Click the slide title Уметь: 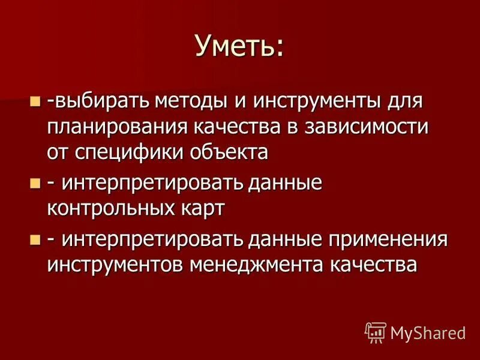coord(239,46)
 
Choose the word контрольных coord(115,208)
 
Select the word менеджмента coord(259,265)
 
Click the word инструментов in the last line coord(114,265)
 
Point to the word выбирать coord(99,101)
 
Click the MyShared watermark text coord(428,332)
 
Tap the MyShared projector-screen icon coord(375,332)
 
